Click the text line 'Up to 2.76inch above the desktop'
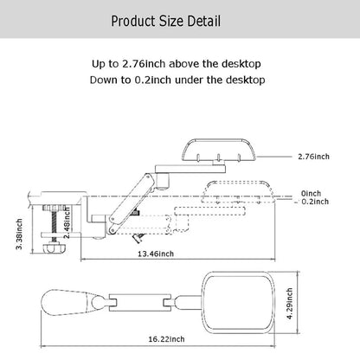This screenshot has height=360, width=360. [x=180, y=64]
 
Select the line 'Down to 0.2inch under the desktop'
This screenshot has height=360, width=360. [x=180, y=80]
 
